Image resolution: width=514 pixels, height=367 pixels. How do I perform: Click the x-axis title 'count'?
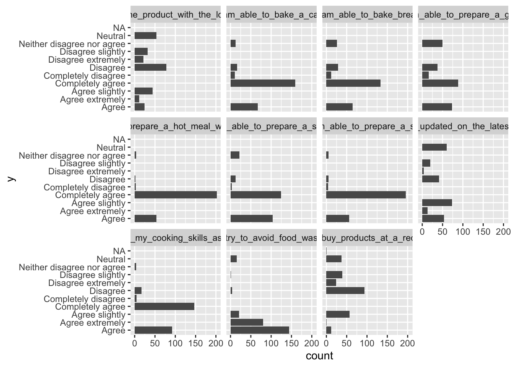(x=319, y=356)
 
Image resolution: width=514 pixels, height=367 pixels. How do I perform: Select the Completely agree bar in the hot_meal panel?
(x=176, y=195)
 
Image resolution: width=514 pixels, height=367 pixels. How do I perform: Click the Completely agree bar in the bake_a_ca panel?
(x=263, y=83)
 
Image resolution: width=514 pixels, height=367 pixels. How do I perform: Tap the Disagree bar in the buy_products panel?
(x=345, y=291)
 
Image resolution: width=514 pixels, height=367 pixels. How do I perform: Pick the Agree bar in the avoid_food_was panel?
(x=260, y=330)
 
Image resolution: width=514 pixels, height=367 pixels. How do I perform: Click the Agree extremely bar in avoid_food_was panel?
(x=247, y=322)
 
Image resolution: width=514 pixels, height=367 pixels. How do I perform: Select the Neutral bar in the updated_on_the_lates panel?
(x=434, y=148)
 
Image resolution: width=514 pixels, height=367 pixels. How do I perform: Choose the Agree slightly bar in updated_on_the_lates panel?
(x=437, y=203)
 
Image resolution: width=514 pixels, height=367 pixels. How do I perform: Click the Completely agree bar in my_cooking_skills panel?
(x=164, y=307)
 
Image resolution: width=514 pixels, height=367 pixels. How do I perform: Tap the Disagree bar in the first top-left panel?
(x=150, y=68)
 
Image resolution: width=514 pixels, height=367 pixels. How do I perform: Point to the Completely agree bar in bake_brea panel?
(x=353, y=83)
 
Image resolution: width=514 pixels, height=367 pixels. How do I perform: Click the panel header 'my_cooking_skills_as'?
(x=176, y=238)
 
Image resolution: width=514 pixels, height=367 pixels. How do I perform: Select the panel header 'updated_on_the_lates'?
(x=463, y=127)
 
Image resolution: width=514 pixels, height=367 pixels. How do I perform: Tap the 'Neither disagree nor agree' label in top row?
(x=72, y=44)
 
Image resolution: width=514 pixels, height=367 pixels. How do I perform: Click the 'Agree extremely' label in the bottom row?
(x=93, y=323)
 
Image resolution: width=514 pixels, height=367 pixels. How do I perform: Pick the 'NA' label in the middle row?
(x=119, y=140)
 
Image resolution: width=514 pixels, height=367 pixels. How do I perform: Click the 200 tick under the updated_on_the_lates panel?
(x=503, y=232)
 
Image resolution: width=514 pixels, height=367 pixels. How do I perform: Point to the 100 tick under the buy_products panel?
(x=367, y=343)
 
